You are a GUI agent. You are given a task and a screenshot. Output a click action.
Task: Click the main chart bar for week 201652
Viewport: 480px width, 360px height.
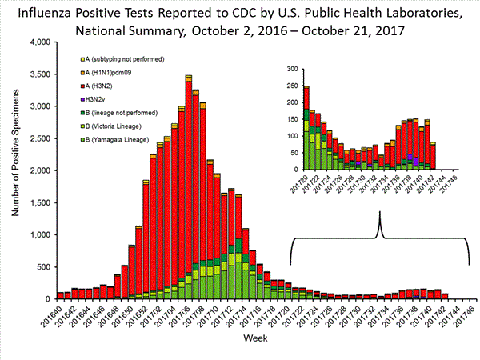(x=146, y=240)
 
